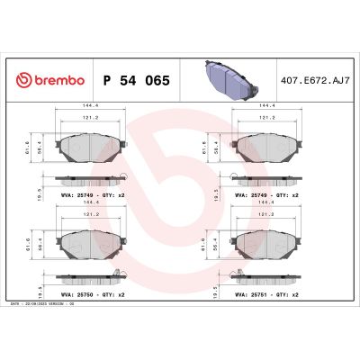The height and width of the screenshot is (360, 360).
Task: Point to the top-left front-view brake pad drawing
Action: (90, 145)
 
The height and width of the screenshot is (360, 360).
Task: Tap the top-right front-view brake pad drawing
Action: (266, 145)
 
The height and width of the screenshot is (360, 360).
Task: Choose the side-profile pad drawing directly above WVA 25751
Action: (266, 278)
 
